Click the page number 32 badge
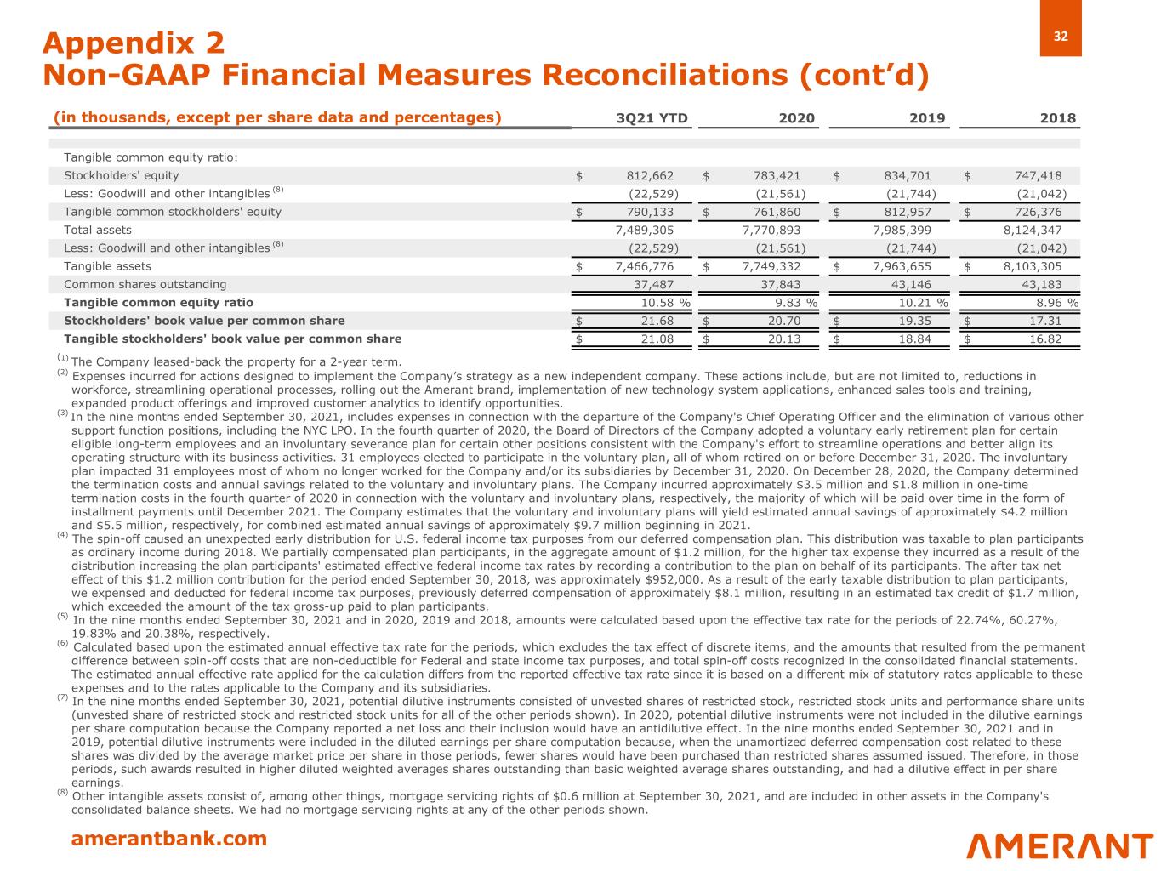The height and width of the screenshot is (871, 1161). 1061,37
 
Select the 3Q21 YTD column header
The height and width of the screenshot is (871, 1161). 652,119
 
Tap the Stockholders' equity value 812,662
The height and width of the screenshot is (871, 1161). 650,176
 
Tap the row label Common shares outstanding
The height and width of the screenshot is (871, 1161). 145,284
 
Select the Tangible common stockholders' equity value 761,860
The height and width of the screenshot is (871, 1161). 777,212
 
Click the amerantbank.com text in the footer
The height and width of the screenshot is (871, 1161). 168,840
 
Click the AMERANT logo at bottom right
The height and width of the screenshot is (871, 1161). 1060,845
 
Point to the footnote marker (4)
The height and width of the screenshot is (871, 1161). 63,535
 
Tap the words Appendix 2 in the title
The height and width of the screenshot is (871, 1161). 134,43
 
